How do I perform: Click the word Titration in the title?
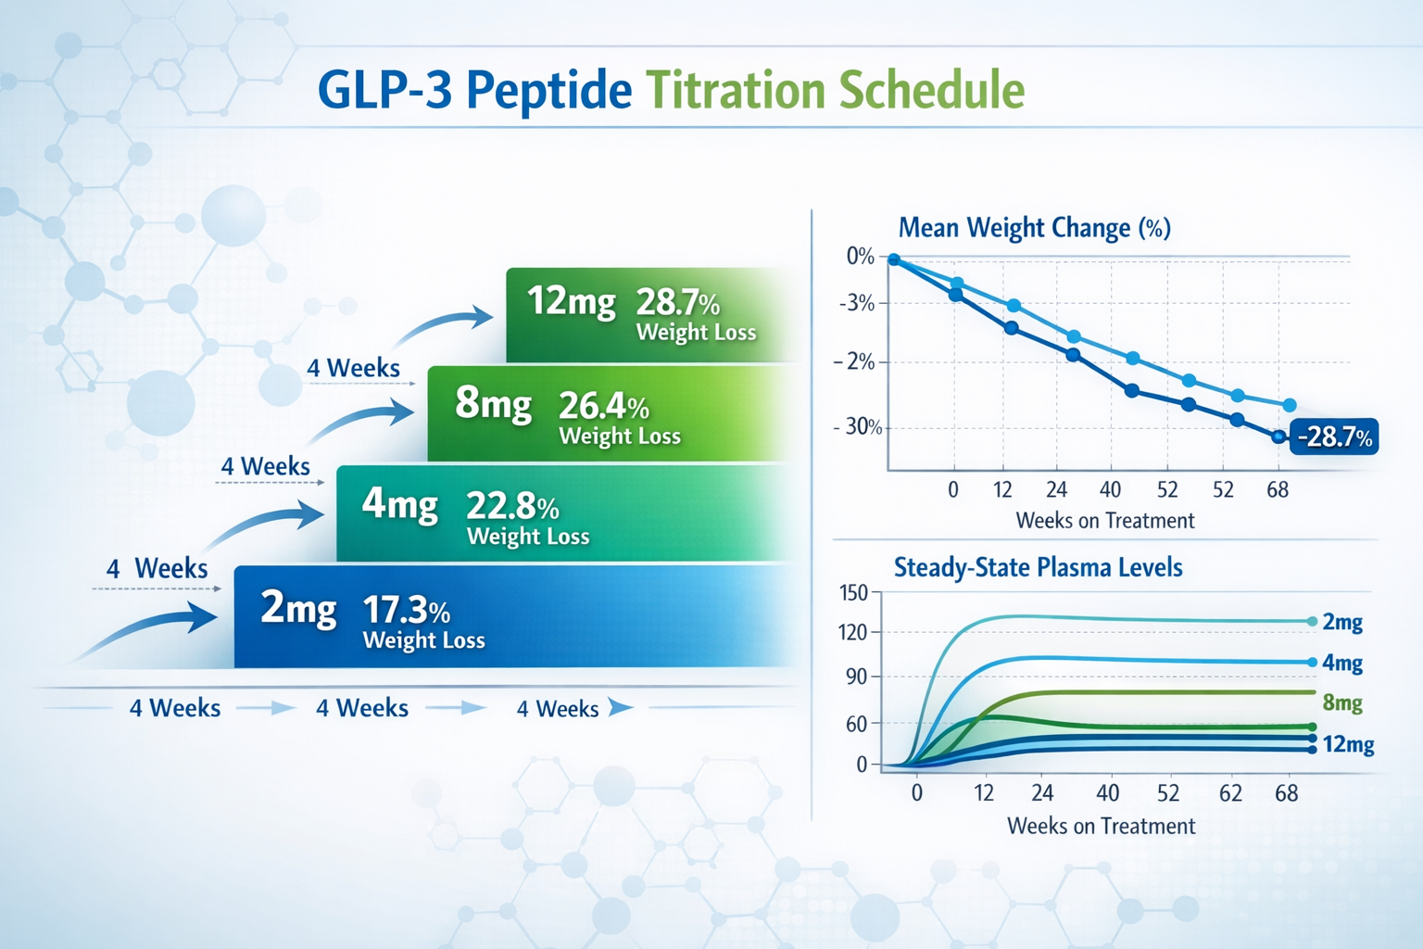[x=736, y=91]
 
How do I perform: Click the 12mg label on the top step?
[x=571, y=302]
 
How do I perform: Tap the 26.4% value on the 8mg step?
[x=603, y=406]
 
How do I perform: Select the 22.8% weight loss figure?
[x=511, y=507]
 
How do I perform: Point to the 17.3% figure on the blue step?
[x=406, y=611]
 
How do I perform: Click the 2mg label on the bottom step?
[x=298, y=609]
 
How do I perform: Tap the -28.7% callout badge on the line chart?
[x=1334, y=437]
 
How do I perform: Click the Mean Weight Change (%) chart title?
[x=1034, y=228]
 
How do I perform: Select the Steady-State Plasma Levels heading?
[x=1038, y=567]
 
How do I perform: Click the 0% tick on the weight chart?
[x=860, y=257]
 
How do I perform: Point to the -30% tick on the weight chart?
[x=861, y=427]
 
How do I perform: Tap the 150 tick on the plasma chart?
[x=853, y=593]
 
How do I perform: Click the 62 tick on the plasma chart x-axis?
[x=1230, y=793]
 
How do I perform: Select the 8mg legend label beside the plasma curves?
[x=1342, y=702]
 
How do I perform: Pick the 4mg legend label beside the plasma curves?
[x=1342, y=663]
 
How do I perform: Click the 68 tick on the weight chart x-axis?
[x=1278, y=490]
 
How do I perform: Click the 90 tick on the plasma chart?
[x=856, y=677]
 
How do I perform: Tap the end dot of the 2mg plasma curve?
[x=1312, y=622]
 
